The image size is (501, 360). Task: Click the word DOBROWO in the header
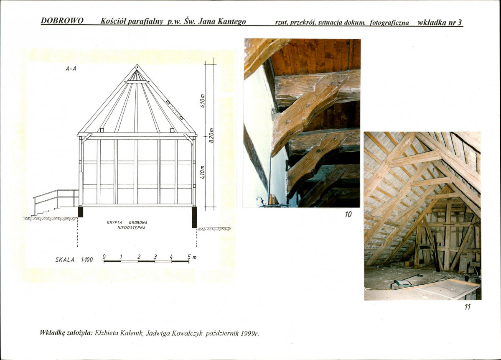coord(62,21)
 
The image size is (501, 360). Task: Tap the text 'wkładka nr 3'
coord(440,23)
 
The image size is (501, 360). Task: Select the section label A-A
coord(71,69)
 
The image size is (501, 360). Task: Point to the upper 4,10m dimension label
coord(202,102)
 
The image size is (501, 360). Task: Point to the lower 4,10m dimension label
coord(202,172)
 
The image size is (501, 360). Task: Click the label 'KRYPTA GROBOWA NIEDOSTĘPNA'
coord(127,225)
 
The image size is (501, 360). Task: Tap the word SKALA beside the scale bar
coord(65,260)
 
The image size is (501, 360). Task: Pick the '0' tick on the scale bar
coord(104,257)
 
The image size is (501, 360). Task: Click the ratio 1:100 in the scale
coord(87,260)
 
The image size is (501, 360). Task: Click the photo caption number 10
coord(348,214)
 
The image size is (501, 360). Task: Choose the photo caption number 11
coord(468,307)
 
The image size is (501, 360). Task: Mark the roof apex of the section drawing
coord(137,65)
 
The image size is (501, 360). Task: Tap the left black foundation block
coord(81,212)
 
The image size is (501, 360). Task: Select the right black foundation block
coord(194,217)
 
